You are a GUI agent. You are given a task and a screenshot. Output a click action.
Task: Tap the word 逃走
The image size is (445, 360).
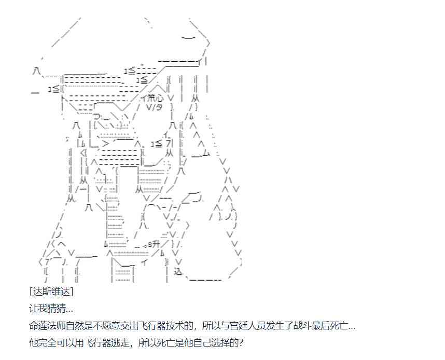click(x=134, y=343)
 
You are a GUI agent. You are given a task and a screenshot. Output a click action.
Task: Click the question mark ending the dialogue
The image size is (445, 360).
click(x=240, y=343)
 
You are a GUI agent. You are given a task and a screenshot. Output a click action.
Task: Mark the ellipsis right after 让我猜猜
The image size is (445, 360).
click(x=69, y=310)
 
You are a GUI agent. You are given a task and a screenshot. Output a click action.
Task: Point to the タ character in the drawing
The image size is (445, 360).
click(x=157, y=107)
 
